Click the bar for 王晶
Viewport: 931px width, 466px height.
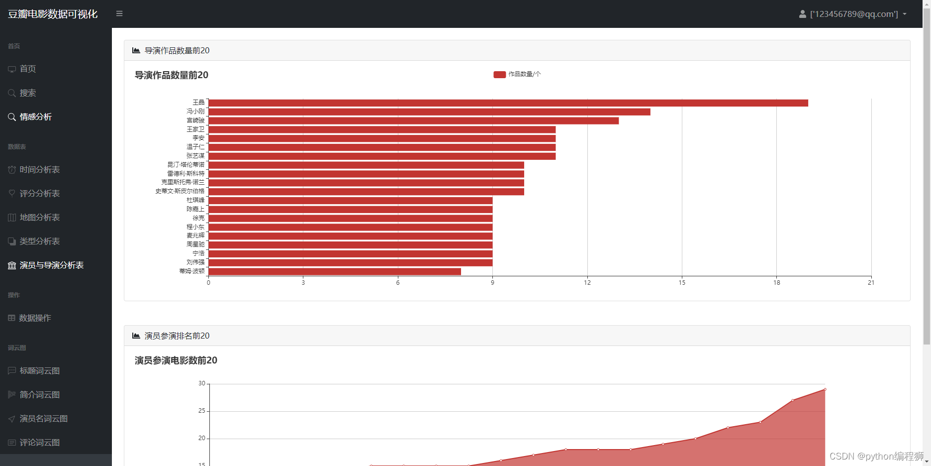507,103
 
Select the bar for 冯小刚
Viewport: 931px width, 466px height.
429,112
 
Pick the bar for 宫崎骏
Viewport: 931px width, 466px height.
413,121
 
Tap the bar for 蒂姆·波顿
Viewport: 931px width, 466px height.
334,272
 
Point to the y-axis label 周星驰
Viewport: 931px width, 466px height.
195,244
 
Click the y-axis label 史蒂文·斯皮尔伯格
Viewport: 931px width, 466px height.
180,191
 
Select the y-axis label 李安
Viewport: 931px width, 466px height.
198,138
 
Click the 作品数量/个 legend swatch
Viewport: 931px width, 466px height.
499,75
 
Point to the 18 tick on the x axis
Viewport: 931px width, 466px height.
776,283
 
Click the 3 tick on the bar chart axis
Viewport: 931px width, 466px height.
303,283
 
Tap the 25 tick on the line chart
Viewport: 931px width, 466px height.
201,411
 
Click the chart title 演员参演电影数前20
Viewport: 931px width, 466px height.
176,360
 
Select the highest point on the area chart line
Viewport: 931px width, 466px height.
825,389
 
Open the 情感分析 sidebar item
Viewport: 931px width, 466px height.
36,117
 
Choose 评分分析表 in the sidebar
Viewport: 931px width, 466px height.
40,194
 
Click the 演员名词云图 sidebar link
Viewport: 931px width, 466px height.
44,419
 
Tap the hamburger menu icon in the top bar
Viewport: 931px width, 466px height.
119,14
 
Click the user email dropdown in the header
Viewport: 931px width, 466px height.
853,14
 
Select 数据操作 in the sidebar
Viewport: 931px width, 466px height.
35,318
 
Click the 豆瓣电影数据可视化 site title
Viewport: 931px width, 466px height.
53,14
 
